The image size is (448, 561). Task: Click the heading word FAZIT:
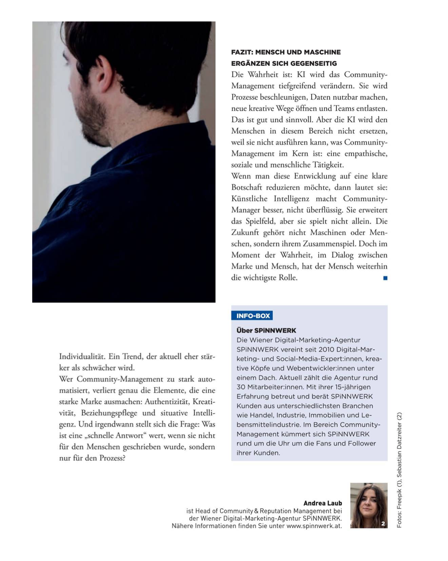pos(242,52)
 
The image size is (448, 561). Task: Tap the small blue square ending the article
pos(385,278)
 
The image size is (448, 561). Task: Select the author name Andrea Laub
pos(322,503)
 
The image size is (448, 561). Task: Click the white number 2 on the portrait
pos(383,524)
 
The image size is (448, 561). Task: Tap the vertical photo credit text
pos(399,470)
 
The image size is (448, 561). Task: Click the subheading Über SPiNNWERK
pos(266,330)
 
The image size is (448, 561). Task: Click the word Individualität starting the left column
pos(82,356)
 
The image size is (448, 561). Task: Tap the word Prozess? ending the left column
pos(112,458)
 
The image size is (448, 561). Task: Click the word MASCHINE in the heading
pos(322,52)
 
